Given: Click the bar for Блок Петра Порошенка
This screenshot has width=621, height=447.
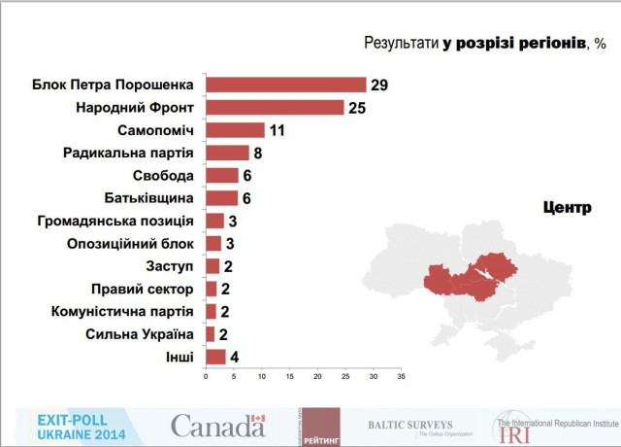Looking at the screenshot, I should coord(286,85).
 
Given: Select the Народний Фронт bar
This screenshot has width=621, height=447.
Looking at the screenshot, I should coord(275,107).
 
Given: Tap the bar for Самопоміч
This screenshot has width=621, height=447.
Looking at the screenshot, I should coord(235,130).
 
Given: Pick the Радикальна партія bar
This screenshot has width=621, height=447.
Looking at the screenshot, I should coord(227,153).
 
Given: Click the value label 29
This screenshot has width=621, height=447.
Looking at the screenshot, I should coord(378,85).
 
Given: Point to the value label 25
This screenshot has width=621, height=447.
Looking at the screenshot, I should coord(356,107).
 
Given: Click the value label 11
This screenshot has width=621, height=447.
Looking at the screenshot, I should coord(278,130).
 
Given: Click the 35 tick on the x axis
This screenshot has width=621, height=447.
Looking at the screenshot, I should coord(400,376).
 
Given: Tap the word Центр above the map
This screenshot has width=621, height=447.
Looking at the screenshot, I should coord(563,206).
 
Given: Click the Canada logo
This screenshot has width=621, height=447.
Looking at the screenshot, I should coord(217,426).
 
